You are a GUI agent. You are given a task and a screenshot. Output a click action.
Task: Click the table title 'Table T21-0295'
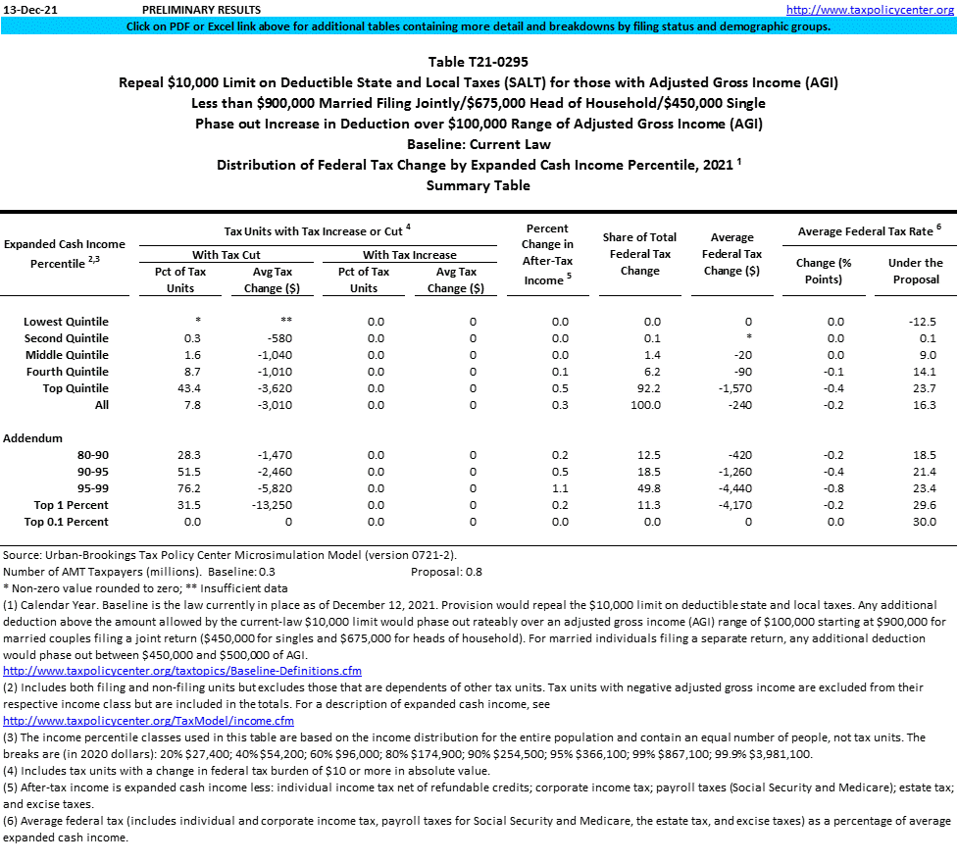479,61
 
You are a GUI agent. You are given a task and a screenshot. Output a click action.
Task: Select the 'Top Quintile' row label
68,387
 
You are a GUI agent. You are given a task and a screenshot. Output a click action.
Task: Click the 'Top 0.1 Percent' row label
68,522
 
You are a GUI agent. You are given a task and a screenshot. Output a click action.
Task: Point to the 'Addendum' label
32,437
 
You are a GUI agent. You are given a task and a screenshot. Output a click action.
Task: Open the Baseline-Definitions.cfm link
182,671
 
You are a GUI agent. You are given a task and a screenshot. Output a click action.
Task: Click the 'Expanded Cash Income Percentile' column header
64,254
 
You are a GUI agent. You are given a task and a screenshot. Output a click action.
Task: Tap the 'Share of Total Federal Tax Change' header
639,254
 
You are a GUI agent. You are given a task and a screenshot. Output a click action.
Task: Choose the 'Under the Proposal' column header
915,271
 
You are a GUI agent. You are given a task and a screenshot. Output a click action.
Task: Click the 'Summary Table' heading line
479,185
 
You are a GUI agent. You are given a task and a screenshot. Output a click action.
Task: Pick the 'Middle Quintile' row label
68,354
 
